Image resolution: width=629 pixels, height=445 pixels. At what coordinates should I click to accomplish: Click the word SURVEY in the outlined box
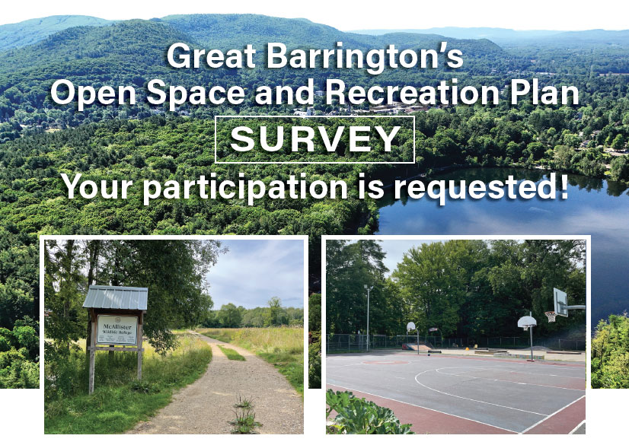tap(314, 139)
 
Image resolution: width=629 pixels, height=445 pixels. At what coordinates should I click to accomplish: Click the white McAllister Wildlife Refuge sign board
tap(117, 329)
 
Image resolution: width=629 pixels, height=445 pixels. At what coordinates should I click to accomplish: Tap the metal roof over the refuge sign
tap(115, 297)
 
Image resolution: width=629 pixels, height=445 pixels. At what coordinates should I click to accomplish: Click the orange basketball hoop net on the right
tap(550, 316)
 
